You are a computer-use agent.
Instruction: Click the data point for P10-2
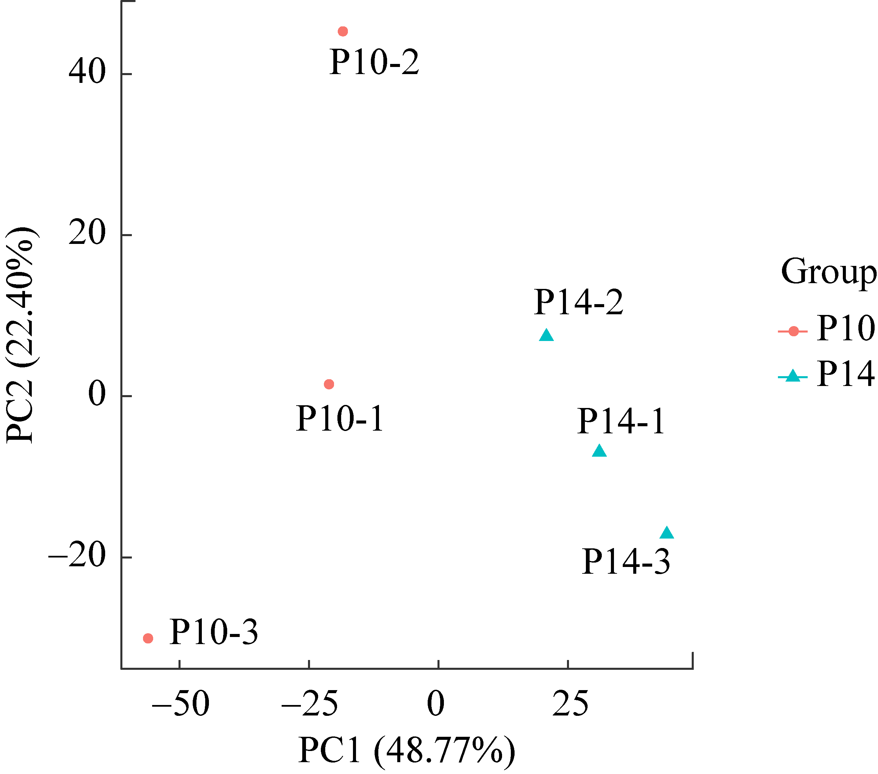pyautogui.click(x=343, y=31)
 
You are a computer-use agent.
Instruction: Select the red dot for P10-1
pyautogui.click(x=329, y=384)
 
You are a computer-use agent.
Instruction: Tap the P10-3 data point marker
pyautogui.click(x=148, y=638)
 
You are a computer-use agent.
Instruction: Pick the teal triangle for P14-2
pyautogui.click(x=546, y=336)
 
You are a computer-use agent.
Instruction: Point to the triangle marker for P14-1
pyautogui.click(x=599, y=451)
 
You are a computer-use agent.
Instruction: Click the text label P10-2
pyautogui.click(x=374, y=63)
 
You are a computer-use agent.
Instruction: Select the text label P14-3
pyautogui.click(x=626, y=562)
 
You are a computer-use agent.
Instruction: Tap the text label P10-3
pyautogui.click(x=213, y=632)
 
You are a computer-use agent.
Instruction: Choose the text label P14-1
pyautogui.click(x=621, y=422)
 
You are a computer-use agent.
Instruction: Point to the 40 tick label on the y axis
pyautogui.click(x=87, y=71)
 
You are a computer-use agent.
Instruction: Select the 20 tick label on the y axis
pyautogui.click(x=87, y=233)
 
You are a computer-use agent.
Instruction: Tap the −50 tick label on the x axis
pyautogui.click(x=181, y=704)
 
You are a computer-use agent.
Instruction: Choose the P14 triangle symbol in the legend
pyautogui.click(x=793, y=376)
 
